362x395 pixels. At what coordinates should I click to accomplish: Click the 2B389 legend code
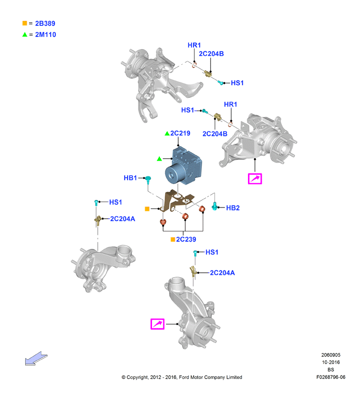[x=45, y=23]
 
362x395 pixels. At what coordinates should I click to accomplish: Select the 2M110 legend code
[x=46, y=35]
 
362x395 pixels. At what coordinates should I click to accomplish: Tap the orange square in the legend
[x=25, y=23]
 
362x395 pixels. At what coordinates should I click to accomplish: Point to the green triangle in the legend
[x=25, y=35]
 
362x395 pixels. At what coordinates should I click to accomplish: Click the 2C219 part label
[x=180, y=133]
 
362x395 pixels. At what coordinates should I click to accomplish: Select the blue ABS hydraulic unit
[x=183, y=166]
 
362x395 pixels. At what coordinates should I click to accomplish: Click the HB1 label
[x=130, y=178]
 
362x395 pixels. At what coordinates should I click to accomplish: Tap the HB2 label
[x=233, y=208]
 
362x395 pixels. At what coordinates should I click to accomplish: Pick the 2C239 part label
[x=186, y=239]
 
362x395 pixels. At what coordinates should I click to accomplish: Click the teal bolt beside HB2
[x=215, y=206]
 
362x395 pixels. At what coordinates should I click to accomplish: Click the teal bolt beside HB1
[x=148, y=180]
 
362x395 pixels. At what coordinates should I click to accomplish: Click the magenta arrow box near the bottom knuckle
[x=157, y=324]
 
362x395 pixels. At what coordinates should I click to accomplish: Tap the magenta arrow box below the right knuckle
[x=255, y=179]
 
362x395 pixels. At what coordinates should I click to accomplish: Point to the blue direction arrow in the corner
[x=36, y=358]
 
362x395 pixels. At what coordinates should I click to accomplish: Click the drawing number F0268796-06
[x=331, y=377]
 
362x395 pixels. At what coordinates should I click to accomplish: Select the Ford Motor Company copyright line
[x=182, y=377]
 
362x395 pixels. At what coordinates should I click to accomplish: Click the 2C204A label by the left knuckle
[x=122, y=219]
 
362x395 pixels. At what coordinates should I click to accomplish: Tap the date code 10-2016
[x=331, y=362]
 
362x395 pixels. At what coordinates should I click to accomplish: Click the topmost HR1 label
[x=194, y=45]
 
